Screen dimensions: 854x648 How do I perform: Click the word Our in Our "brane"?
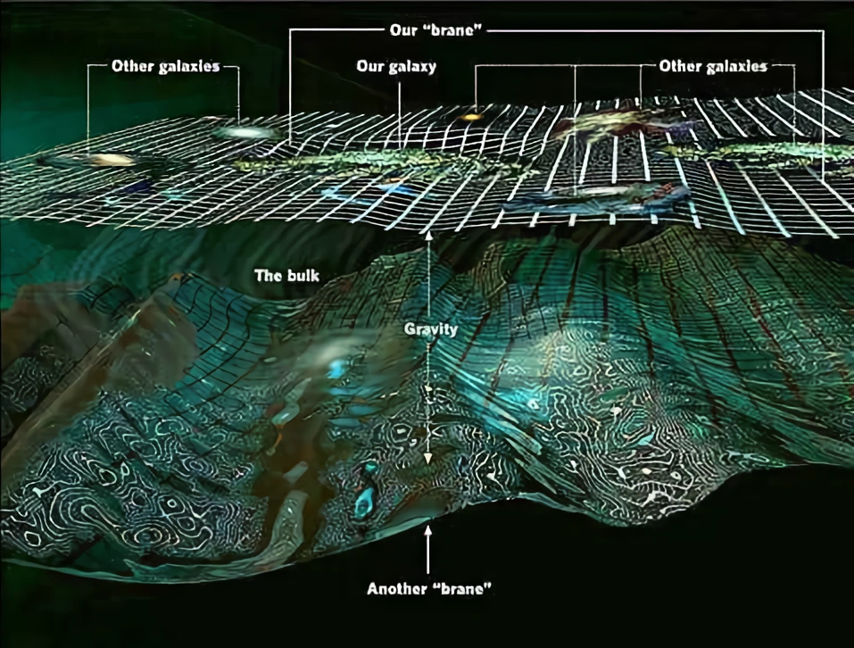(403, 29)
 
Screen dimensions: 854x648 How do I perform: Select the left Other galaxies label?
(166, 67)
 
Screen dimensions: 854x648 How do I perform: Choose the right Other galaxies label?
(713, 66)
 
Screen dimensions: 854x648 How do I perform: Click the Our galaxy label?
(395, 67)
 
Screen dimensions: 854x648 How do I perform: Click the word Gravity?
(430, 329)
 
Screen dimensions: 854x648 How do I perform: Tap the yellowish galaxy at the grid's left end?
(111, 161)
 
